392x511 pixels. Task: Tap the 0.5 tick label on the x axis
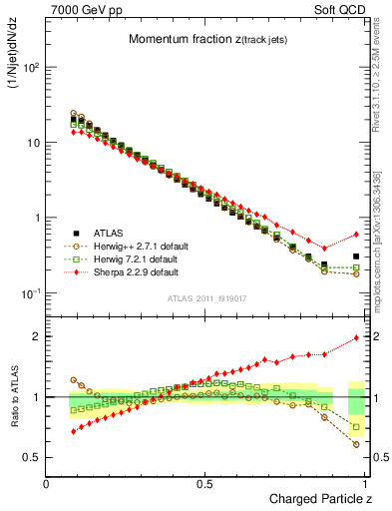[204, 483]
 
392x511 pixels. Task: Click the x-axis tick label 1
[365, 483]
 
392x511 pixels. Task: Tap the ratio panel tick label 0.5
[32, 457]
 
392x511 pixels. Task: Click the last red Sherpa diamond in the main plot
[356, 235]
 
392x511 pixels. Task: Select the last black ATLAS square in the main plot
[356, 256]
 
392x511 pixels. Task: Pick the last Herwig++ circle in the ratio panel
[356, 444]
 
